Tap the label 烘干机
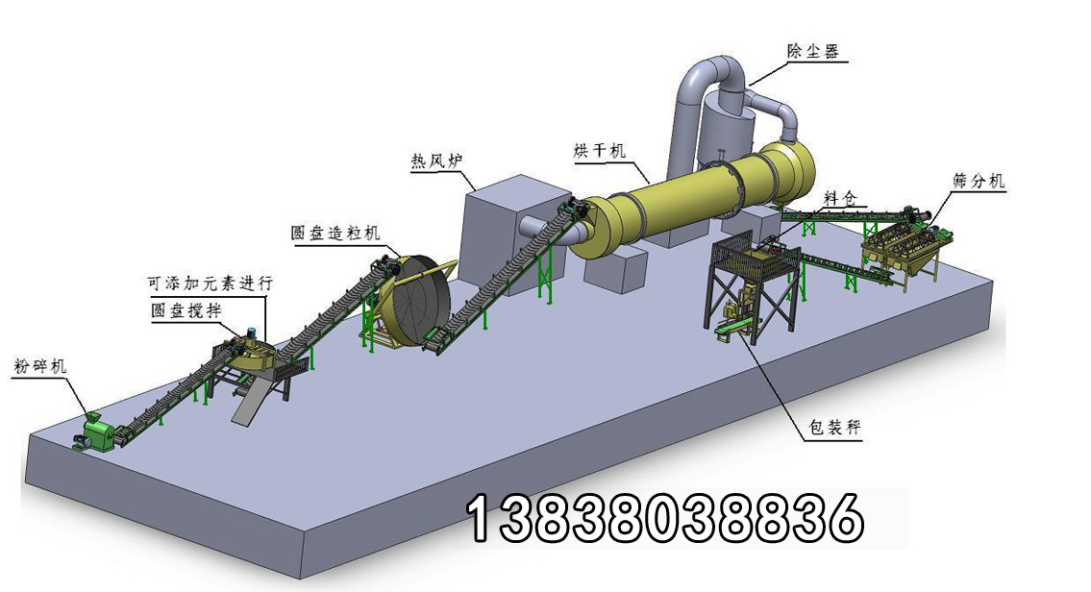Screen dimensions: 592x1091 (x=599, y=151)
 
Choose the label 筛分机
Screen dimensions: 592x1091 (x=979, y=181)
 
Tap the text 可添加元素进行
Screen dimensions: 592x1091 (x=210, y=284)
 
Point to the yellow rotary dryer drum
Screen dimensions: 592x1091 (x=692, y=202)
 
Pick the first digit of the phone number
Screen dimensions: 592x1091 (x=479, y=519)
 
